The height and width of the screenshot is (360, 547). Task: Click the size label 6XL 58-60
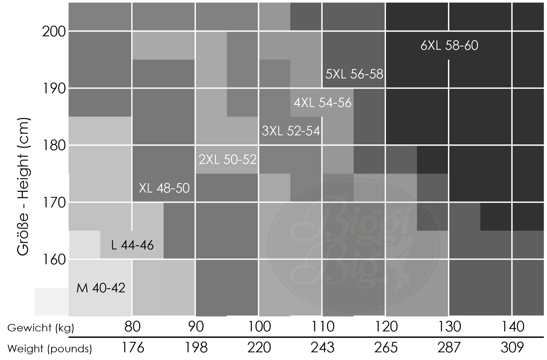[x=449, y=45]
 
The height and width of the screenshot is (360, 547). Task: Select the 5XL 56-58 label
[x=354, y=74]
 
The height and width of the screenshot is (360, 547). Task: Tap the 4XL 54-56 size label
[x=322, y=103]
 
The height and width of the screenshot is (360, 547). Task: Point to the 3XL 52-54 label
[x=291, y=131]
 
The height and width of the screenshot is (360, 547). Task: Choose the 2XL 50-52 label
[x=228, y=160]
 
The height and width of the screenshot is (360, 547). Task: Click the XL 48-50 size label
[x=164, y=188]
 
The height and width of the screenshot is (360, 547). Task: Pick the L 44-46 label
[x=132, y=245]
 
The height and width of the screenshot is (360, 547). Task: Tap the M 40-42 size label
[x=101, y=288]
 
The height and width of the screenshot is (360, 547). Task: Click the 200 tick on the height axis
[x=54, y=32]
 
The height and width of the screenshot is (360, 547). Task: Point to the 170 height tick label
[x=54, y=203]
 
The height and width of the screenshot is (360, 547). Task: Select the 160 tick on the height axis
[x=54, y=260]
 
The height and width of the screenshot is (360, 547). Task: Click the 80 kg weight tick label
[x=132, y=327]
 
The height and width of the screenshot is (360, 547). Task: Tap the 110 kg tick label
[x=323, y=327]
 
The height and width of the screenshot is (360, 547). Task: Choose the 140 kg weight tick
[x=513, y=327]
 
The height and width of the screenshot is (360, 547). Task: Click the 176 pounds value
[x=133, y=348]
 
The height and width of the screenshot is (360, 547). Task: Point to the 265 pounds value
[x=386, y=348]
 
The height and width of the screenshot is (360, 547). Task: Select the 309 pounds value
[x=512, y=348]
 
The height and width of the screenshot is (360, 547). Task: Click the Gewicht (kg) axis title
[x=41, y=328]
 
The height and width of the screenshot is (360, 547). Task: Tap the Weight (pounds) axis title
[x=50, y=349]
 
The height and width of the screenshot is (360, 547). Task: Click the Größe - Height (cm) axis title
[x=23, y=187]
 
